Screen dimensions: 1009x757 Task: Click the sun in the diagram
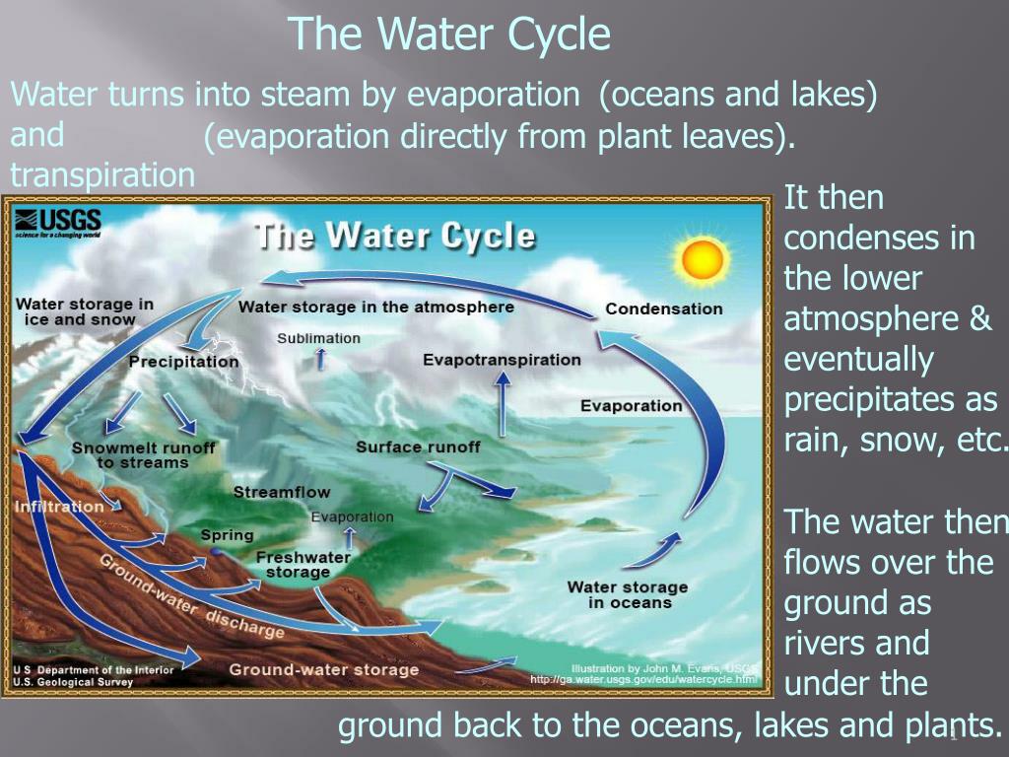(x=702, y=258)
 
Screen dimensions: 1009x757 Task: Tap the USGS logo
(x=58, y=223)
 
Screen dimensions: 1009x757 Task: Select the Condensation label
(x=664, y=309)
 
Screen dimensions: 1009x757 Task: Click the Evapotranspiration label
(x=502, y=360)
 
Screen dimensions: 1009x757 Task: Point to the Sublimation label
(x=318, y=339)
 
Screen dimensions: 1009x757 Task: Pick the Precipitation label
(x=183, y=362)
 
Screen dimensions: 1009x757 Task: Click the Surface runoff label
(x=418, y=447)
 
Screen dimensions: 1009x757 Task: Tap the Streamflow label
(x=281, y=493)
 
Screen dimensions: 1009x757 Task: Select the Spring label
(x=228, y=535)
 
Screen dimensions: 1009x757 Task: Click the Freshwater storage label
(x=303, y=565)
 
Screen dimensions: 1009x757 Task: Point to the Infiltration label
(x=58, y=507)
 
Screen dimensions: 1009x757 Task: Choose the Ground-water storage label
(x=323, y=670)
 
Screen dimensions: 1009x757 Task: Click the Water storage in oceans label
(x=628, y=594)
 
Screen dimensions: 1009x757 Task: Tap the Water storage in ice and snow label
(x=85, y=311)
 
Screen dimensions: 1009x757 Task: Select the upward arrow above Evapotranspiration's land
(x=503, y=403)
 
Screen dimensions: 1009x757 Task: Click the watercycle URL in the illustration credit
(x=643, y=680)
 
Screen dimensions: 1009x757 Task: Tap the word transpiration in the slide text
(x=102, y=174)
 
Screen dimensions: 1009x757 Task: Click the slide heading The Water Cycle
(x=449, y=34)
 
